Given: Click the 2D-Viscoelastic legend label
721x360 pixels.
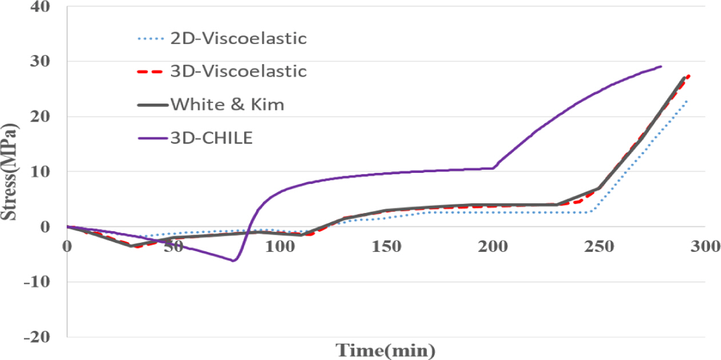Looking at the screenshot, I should coord(239,39).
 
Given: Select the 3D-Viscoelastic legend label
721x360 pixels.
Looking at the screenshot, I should coord(239,72).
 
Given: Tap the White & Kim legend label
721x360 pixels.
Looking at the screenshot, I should coord(227,105).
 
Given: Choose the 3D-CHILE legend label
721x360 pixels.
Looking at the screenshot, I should coord(211,138).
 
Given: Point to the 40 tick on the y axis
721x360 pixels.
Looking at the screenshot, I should coord(41,7).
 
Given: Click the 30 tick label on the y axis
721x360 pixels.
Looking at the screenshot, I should coord(41,61).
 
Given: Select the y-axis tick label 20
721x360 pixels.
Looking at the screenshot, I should coord(41,116).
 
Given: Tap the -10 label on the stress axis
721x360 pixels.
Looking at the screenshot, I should coord(38,282).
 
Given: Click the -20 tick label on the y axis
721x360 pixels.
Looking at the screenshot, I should coord(38,337).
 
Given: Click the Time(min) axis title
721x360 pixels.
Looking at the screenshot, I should coord(385,349).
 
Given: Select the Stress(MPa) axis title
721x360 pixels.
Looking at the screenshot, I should coord(10,172).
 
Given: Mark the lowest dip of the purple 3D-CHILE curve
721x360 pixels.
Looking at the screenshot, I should coord(233,261).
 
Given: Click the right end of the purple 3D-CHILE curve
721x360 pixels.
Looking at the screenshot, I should coord(661,66).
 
